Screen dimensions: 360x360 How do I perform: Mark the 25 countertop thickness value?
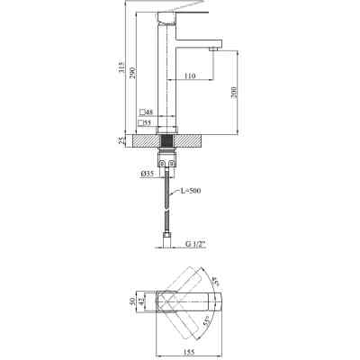123,141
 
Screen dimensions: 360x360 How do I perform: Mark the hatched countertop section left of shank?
143,141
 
